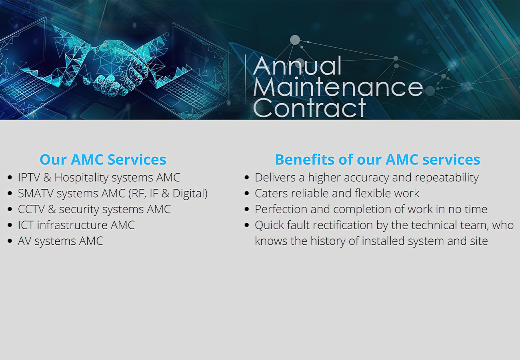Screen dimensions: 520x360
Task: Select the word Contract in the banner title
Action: point(310,107)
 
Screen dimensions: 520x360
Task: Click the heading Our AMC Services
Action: point(103,160)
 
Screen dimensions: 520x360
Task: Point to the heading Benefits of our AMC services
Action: point(378,160)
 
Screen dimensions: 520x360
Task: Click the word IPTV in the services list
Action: point(29,178)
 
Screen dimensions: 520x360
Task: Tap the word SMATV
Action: point(36,193)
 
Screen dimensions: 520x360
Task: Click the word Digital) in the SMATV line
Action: point(190,194)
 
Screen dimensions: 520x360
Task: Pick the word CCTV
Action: point(31,209)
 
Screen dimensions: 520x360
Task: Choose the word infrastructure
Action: point(72,225)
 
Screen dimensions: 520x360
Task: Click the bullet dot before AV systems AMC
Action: point(10,241)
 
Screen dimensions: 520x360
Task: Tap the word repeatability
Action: point(447,178)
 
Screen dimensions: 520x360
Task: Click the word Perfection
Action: point(281,209)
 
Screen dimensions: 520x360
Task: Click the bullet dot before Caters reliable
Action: point(246,193)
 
